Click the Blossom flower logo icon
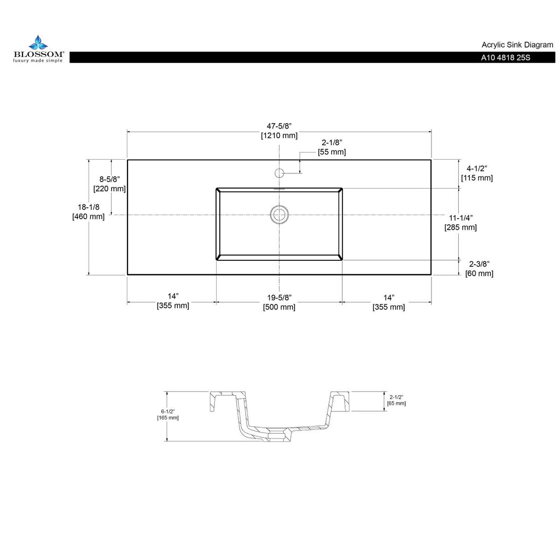coord(38,42)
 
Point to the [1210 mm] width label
coord(279,135)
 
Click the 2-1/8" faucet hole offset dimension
coord(331,143)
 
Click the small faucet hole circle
coord(279,173)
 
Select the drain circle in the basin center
coord(279,214)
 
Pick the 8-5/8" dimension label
coord(109,179)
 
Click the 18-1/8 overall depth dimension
coord(88,207)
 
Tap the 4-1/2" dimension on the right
coord(476,168)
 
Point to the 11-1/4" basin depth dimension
coord(461,218)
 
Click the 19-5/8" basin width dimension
coord(279,297)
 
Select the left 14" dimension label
coord(173,297)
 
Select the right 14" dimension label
coord(388,297)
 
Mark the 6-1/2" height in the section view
coord(167,411)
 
